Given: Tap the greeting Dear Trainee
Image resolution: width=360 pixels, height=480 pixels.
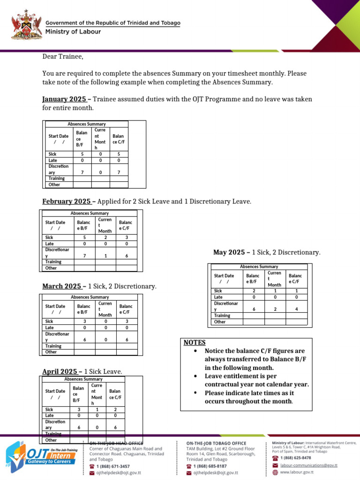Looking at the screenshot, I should [x=62, y=57].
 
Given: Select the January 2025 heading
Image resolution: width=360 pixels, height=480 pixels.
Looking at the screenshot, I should [x=64, y=99].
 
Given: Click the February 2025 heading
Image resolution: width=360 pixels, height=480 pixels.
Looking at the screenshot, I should [x=67, y=201].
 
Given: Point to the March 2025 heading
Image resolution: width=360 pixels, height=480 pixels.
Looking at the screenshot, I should [x=62, y=286].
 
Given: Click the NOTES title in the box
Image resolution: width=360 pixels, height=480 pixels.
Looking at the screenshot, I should [x=194, y=343].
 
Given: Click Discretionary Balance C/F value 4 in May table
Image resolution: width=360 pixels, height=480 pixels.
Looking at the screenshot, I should [x=296, y=309].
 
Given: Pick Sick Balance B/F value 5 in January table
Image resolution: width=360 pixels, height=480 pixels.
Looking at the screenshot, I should [x=82, y=154].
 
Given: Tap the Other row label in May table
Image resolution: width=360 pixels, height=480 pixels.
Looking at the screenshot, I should [x=220, y=322].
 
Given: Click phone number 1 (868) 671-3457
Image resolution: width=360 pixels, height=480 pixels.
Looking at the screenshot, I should [x=112, y=466].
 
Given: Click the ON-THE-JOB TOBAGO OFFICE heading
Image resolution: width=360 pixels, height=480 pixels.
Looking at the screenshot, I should [x=216, y=443].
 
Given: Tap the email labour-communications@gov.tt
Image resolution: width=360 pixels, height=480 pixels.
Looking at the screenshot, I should [x=308, y=465].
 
